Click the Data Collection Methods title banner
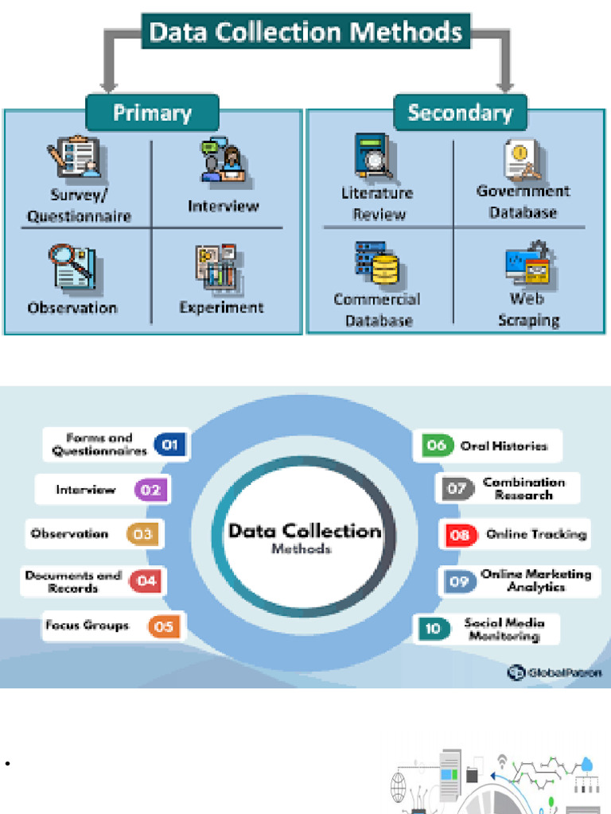point(305,32)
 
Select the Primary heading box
point(152,113)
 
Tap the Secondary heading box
point(460,112)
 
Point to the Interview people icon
point(222,161)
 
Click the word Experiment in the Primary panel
point(221,308)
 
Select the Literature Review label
point(377,203)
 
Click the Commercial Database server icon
point(376,263)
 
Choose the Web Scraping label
point(528,309)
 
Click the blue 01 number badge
point(169,445)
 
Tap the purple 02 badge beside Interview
point(150,490)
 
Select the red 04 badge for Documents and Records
point(146,581)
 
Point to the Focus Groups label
point(87,626)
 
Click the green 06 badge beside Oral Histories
point(436,445)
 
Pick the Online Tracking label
point(535,534)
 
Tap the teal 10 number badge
point(433,629)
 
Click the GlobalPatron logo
point(555,673)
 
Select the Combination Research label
point(523,488)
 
